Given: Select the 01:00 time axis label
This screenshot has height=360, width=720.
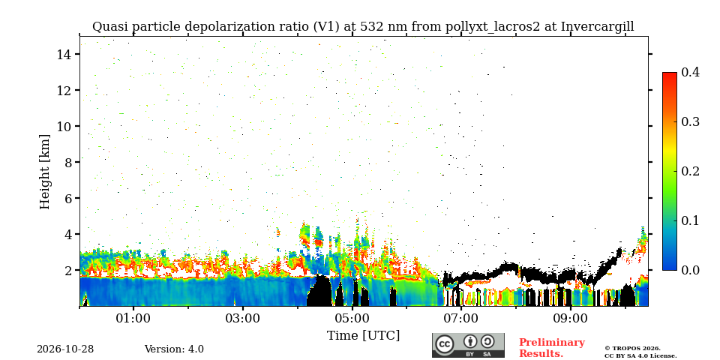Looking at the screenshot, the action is click(x=133, y=318).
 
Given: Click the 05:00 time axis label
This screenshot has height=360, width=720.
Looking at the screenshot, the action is click(x=352, y=318).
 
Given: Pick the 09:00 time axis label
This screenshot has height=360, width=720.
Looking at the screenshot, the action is click(x=570, y=318).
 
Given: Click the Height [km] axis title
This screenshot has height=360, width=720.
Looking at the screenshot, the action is click(x=44, y=172).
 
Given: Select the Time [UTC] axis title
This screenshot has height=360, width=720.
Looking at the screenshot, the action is click(x=363, y=336).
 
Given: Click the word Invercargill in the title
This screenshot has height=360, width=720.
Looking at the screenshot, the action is click(x=598, y=27).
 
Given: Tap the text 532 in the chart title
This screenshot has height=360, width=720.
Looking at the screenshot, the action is click(x=370, y=27).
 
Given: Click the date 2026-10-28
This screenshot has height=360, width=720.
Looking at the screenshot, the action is click(x=65, y=349).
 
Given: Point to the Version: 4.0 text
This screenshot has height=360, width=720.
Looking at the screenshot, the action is click(x=174, y=349).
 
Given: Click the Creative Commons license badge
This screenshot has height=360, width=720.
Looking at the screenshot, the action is click(x=468, y=345).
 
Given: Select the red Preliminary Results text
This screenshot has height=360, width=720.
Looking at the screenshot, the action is click(x=552, y=348).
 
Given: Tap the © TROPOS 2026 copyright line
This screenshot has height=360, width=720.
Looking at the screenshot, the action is click(x=632, y=349).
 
